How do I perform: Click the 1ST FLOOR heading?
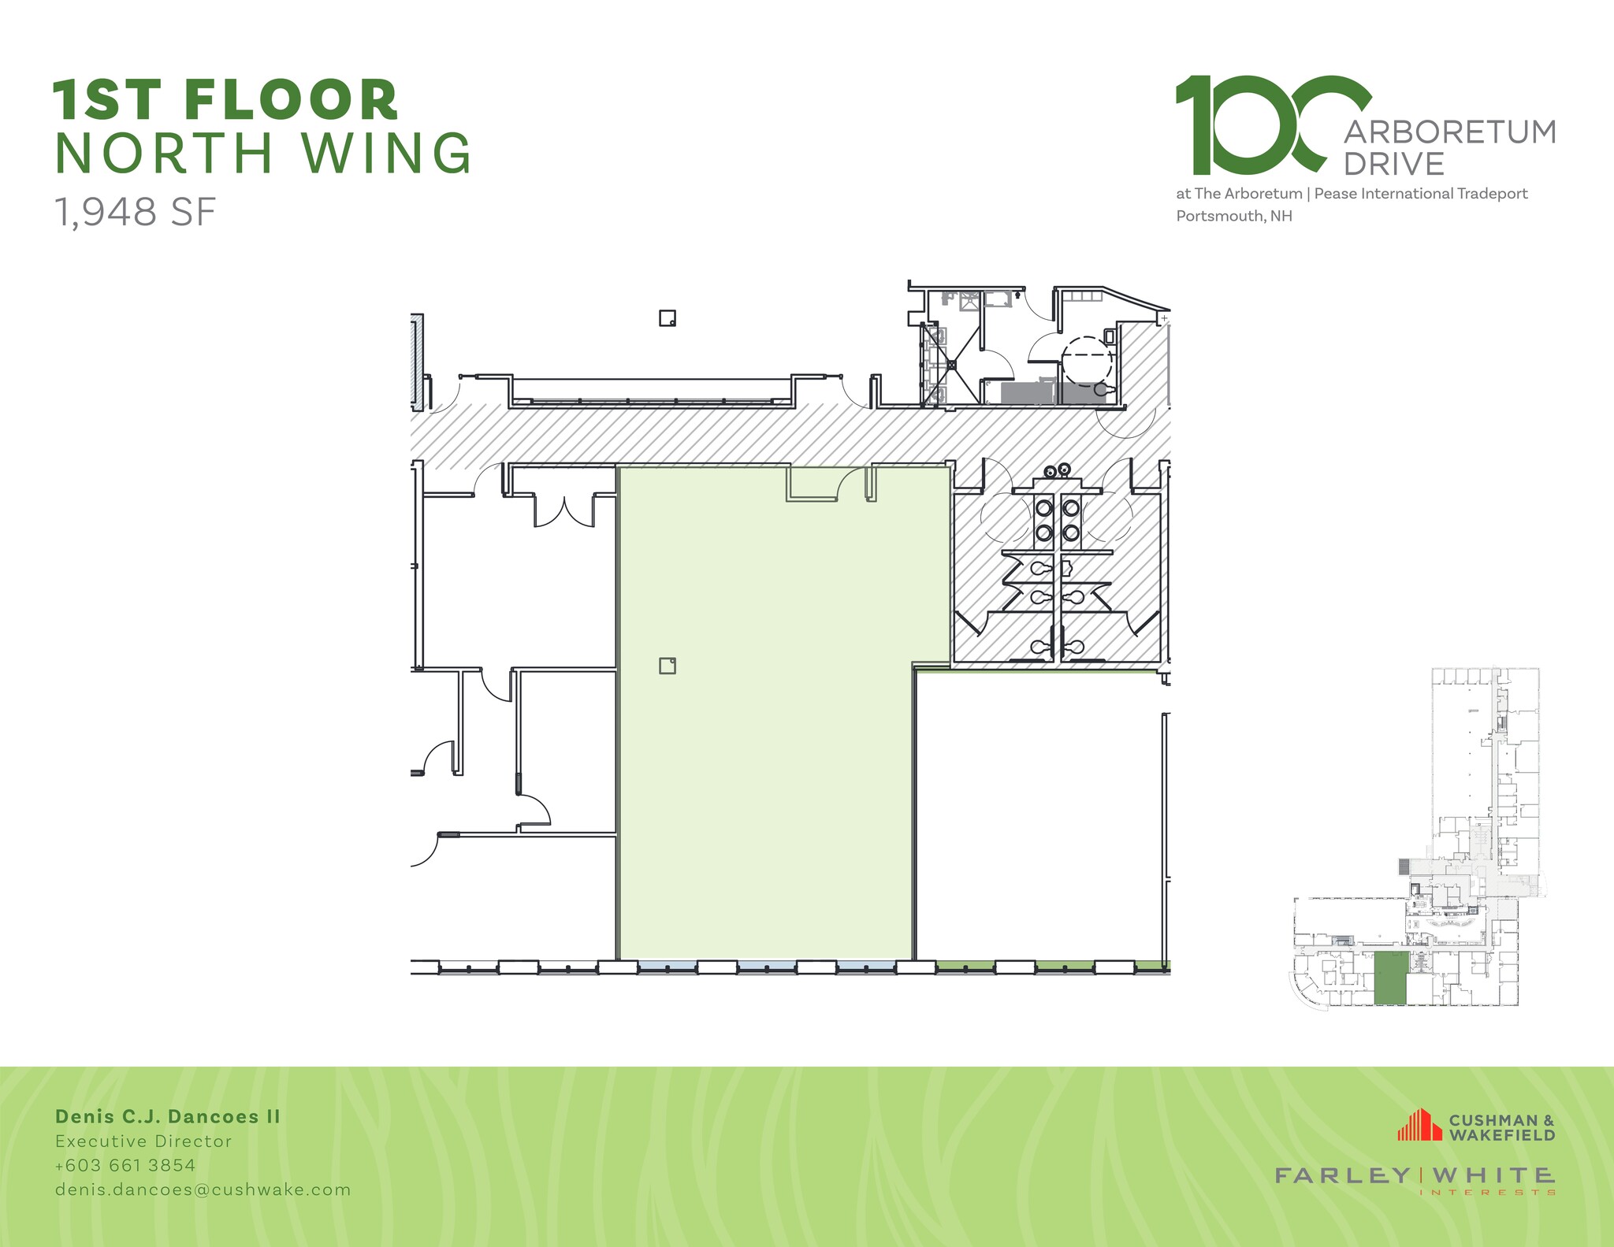pos(226,100)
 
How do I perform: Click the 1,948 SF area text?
pos(135,212)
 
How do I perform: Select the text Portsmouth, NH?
pos(1234,216)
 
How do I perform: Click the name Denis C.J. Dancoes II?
pos(168,1116)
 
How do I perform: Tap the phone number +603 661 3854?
pos(125,1165)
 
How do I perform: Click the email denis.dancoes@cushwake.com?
pos(203,1189)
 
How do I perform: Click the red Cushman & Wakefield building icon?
pos(1419,1126)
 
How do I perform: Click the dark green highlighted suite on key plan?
pos(1391,977)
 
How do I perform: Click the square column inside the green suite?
pos(668,666)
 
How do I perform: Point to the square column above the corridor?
pos(668,318)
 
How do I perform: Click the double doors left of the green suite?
pos(564,509)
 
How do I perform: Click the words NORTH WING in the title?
pos(263,153)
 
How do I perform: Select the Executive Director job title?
pos(143,1141)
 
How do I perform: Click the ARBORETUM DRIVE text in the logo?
pos(1449,147)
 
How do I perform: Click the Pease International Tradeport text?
pos(1420,194)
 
